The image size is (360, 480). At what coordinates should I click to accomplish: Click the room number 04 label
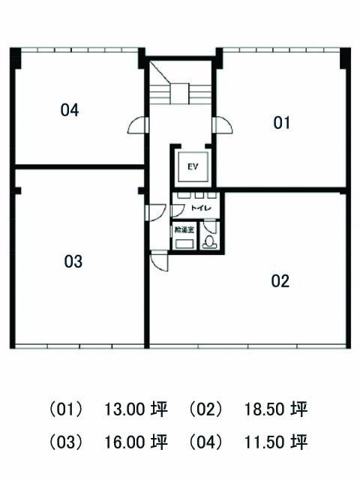(x=70, y=110)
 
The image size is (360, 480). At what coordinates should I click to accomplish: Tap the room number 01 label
(x=281, y=123)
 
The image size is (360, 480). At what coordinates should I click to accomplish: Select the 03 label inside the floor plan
(x=73, y=262)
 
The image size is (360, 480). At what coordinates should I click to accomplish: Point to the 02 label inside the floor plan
(x=280, y=281)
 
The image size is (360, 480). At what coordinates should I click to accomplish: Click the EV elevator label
(x=193, y=166)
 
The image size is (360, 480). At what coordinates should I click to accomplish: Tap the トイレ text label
(x=201, y=208)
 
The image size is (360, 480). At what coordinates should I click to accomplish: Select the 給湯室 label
(x=184, y=229)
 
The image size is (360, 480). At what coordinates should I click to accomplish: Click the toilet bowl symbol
(x=209, y=241)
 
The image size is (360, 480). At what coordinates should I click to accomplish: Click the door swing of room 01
(x=222, y=125)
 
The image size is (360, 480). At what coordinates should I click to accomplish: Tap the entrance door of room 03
(x=155, y=212)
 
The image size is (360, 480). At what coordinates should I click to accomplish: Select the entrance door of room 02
(x=160, y=260)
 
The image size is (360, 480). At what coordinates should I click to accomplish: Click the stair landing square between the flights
(x=180, y=94)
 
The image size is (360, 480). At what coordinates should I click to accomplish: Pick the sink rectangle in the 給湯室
(x=184, y=244)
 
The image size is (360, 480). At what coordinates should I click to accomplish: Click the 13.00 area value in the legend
(x=124, y=409)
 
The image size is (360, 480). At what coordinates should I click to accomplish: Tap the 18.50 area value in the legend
(x=265, y=409)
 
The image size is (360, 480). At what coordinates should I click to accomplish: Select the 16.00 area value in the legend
(x=124, y=442)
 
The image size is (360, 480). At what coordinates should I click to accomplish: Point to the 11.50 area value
(x=265, y=442)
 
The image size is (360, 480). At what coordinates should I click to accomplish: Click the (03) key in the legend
(x=66, y=442)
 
